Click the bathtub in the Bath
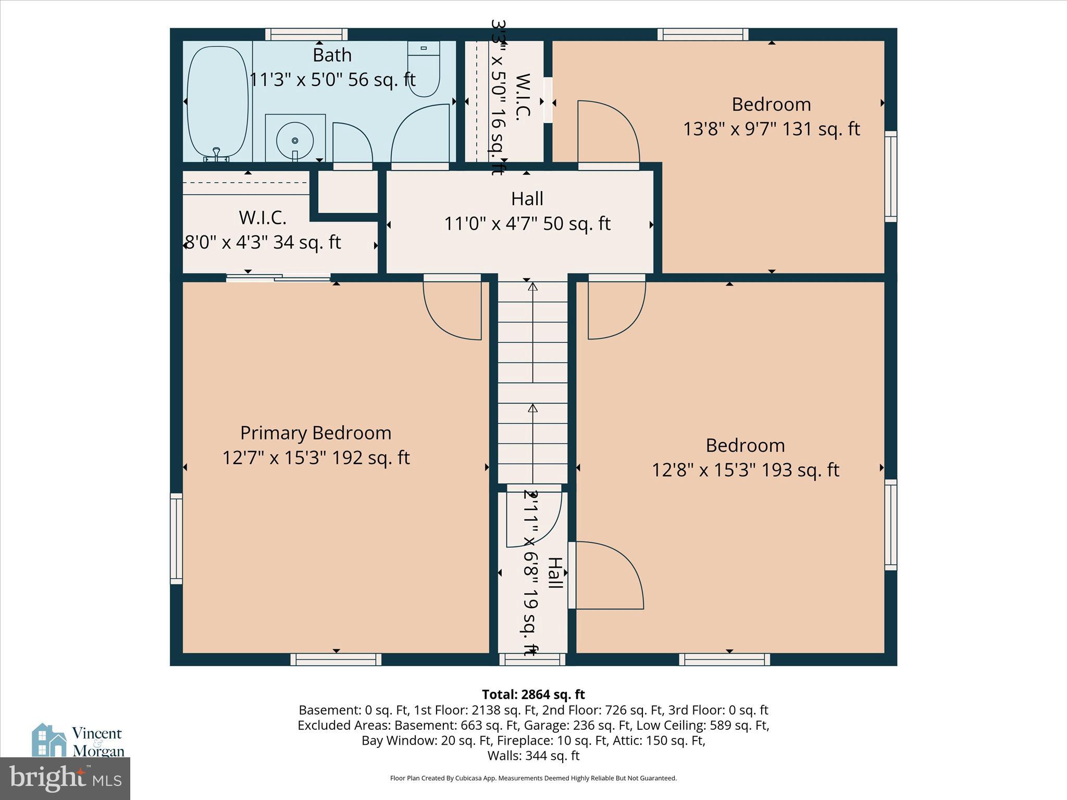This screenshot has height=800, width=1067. click(x=217, y=102)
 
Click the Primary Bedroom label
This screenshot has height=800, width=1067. click(x=316, y=433)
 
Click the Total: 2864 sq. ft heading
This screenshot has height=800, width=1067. click(x=533, y=694)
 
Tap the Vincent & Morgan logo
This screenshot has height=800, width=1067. click(x=78, y=741)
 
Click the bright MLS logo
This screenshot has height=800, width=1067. click(x=65, y=779)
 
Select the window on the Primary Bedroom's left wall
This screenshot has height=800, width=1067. click(x=177, y=538)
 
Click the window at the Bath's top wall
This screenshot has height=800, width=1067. click(x=306, y=34)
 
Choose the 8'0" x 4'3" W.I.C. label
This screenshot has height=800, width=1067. click(x=263, y=243)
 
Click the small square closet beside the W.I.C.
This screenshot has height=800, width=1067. click(x=348, y=191)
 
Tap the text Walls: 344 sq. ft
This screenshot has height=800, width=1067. click(x=533, y=755)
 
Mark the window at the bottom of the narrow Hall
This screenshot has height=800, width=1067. click(x=532, y=660)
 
